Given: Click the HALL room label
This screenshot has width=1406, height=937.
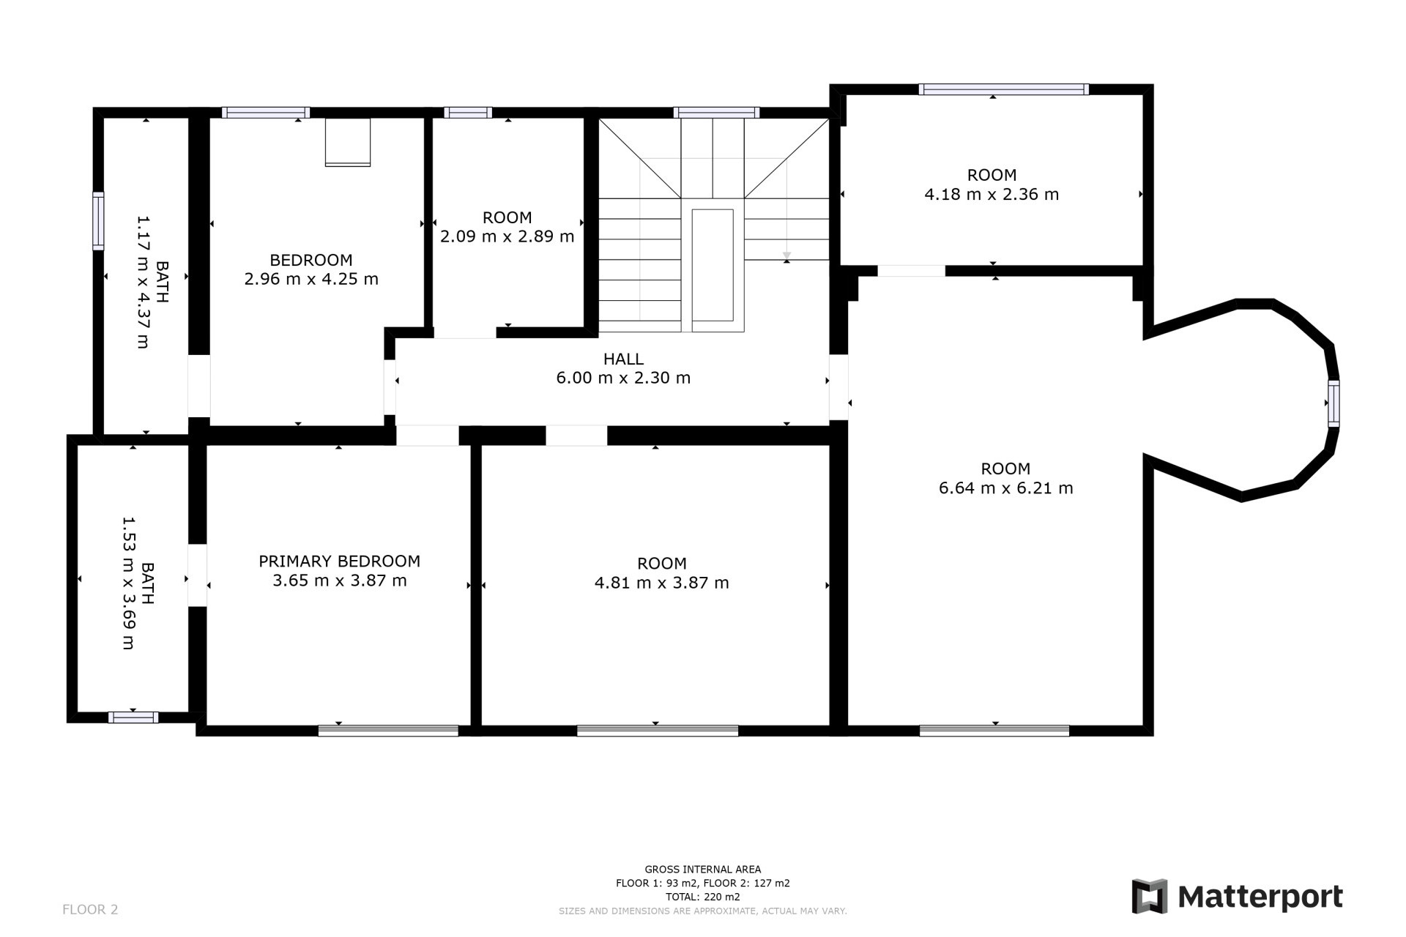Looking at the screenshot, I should [623, 359].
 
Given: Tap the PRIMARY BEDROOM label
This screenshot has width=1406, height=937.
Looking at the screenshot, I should [339, 561].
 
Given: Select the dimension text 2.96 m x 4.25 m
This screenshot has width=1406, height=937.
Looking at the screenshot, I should [311, 279].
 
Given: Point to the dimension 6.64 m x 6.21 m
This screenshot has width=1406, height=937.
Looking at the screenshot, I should [1005, 488].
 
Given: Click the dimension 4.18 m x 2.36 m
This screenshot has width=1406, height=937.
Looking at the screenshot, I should [992, 195].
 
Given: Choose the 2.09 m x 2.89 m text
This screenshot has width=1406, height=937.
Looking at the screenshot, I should [507, 236].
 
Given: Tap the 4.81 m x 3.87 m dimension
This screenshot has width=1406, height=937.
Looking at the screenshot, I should [661, 583].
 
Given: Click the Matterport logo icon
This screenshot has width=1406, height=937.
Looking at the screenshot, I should [1149, 896].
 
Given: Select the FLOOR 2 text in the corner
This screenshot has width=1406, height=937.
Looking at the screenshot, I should [90, 910].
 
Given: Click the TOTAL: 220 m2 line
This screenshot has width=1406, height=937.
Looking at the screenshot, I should [702, 897].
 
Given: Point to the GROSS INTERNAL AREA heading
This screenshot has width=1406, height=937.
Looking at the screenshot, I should [702, 870].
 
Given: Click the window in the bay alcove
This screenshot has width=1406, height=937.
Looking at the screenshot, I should [1334, 403].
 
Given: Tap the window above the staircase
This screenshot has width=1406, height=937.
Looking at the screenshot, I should [716, 113].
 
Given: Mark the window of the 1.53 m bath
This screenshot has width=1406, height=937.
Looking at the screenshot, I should [133, 717].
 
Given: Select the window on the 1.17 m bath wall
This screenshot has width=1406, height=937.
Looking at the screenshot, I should [98, 220].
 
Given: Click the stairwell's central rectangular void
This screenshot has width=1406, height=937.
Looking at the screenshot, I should [713, 265].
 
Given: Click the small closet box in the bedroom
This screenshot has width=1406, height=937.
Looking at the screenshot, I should [348, 142].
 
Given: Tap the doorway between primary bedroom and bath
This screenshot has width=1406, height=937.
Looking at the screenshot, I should [197, 575].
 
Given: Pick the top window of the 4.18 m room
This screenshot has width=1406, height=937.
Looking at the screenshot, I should [1003, 89].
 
